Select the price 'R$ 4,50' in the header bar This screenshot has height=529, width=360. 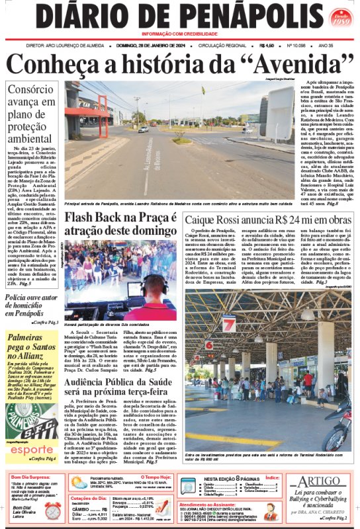pos(267,46)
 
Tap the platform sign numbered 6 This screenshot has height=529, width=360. pos(208,345)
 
